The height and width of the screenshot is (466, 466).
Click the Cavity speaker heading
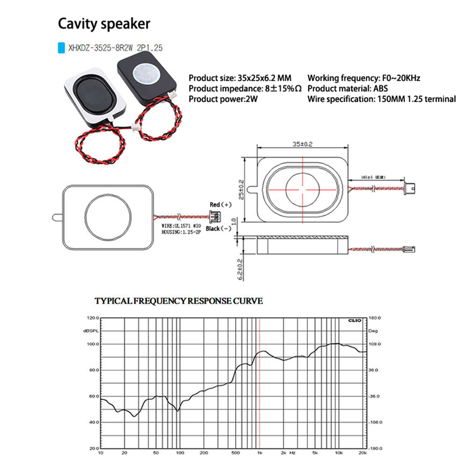(104, 24)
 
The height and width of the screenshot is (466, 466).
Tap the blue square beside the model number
(61, 48)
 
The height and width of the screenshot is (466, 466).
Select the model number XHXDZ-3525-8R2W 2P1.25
(115, 48)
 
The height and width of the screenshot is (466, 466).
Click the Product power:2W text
(223, 99)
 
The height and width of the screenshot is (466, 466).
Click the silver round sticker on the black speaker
(146, 73)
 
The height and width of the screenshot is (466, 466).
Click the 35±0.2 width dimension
(302, 144)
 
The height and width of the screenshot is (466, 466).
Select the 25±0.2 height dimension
(241, 189)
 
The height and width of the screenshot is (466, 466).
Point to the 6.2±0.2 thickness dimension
(240, 269)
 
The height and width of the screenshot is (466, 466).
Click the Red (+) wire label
(220, 205)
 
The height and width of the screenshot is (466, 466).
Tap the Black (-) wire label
(218, 229)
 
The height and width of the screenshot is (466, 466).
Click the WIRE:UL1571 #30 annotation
(181, 226)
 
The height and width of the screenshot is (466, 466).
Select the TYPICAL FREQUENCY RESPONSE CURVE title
(179, 301)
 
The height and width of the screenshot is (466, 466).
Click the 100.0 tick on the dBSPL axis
(93, 344)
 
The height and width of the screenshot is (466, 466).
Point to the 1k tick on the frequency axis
(260, 453)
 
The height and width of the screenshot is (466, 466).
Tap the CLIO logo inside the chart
(354, 320)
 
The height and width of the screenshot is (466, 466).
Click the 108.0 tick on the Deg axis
(375, 344)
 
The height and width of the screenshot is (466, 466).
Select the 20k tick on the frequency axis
(363, 453)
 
